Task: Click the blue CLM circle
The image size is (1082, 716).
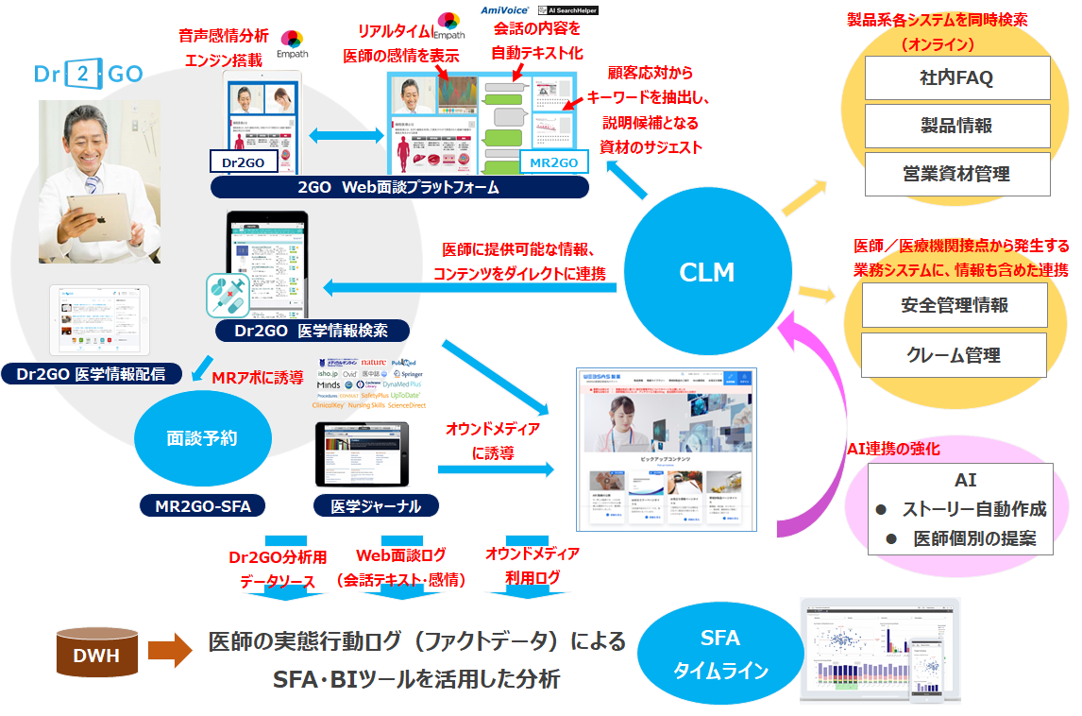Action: [707, 272]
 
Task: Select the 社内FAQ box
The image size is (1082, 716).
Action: [957, 77]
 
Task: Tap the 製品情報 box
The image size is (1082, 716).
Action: [957, 126]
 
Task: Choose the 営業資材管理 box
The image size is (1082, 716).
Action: [957, 174]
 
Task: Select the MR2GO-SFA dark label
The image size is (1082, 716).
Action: [203, 505]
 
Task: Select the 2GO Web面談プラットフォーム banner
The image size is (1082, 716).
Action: [398, 187]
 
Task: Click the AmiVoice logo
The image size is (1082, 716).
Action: [505, 9]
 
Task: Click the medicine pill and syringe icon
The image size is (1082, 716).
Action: [228, 296]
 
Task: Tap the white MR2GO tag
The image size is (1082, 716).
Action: [554, 162]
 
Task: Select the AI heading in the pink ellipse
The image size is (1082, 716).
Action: [965, 480]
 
